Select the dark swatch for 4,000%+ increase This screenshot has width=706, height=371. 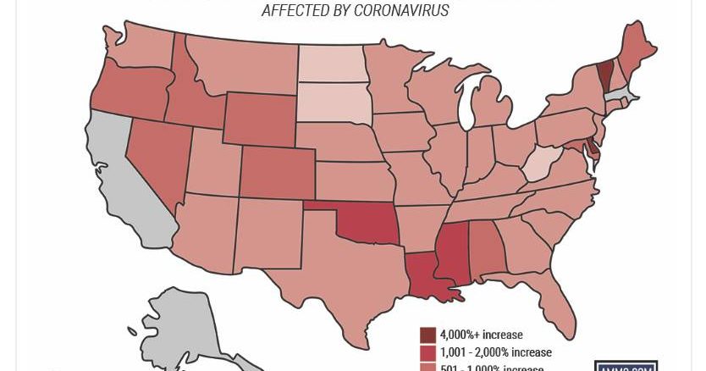pos(427,335)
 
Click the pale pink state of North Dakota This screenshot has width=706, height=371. pos(333,63)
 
